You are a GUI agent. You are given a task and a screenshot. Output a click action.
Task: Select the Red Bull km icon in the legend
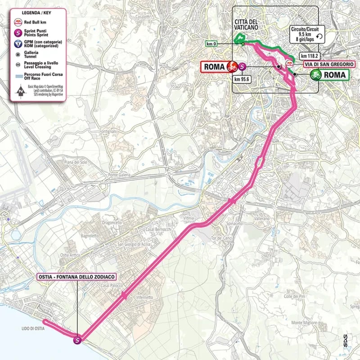tap(18, 21)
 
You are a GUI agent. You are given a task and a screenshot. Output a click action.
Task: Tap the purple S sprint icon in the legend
tap(18, 32)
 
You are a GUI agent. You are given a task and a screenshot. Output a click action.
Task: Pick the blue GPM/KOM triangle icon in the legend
tap(18, 44)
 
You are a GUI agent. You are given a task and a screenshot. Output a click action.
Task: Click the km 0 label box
tap(211, 44)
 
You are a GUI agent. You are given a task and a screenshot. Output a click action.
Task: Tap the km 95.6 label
tap(242, 78)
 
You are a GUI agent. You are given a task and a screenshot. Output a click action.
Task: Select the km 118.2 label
tap(310, 56)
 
